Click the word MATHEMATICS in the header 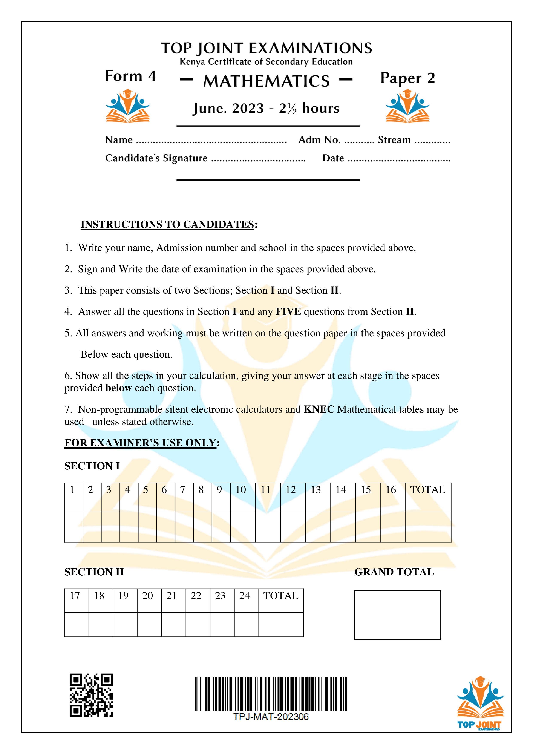click(x=266, y=81)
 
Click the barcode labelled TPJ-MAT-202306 click(x=271, y=694)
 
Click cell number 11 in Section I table click(x=266, y=490)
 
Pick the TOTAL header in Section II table click(x=281, y=596)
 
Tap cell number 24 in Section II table click(x=244, y=596)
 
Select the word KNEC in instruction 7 click(x=319, y=409)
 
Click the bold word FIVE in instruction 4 click(x=288, y=312)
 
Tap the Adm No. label click(x=319, y=140)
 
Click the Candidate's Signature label click(x=156, y=158)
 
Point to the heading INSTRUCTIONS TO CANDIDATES click(x=167, y=224)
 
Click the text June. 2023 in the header click(x=229, y=108)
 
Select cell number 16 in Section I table click(x=391, y=490)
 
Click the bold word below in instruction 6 click(x=118, y=388)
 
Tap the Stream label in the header click(x=394, y=140)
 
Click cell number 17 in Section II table click(x=75, y=596)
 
